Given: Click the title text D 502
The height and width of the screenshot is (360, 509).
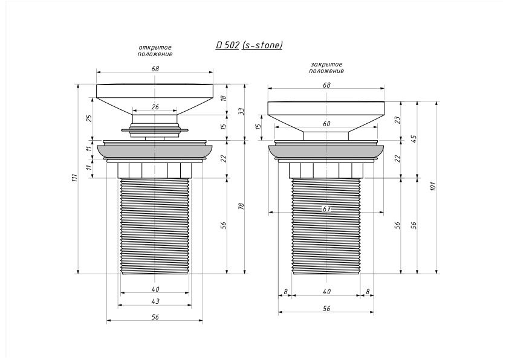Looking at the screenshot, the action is [x=227, y=45].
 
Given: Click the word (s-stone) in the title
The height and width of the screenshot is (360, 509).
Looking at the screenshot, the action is [x=262, y=45].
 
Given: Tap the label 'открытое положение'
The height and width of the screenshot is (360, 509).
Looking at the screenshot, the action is [x=155, y=51].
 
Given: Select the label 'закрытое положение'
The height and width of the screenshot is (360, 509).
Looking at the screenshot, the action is [x=326, y=68].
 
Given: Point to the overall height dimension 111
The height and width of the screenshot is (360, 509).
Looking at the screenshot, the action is [x=75, y=178].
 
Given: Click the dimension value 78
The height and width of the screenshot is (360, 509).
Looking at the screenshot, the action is [x=241, y=206].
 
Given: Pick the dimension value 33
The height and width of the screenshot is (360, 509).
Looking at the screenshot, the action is [x=241, y=112].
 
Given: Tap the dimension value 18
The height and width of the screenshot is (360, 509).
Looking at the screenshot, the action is [x=223, y=98].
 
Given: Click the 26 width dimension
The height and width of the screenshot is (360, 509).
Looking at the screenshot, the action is [x=155, y=107].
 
